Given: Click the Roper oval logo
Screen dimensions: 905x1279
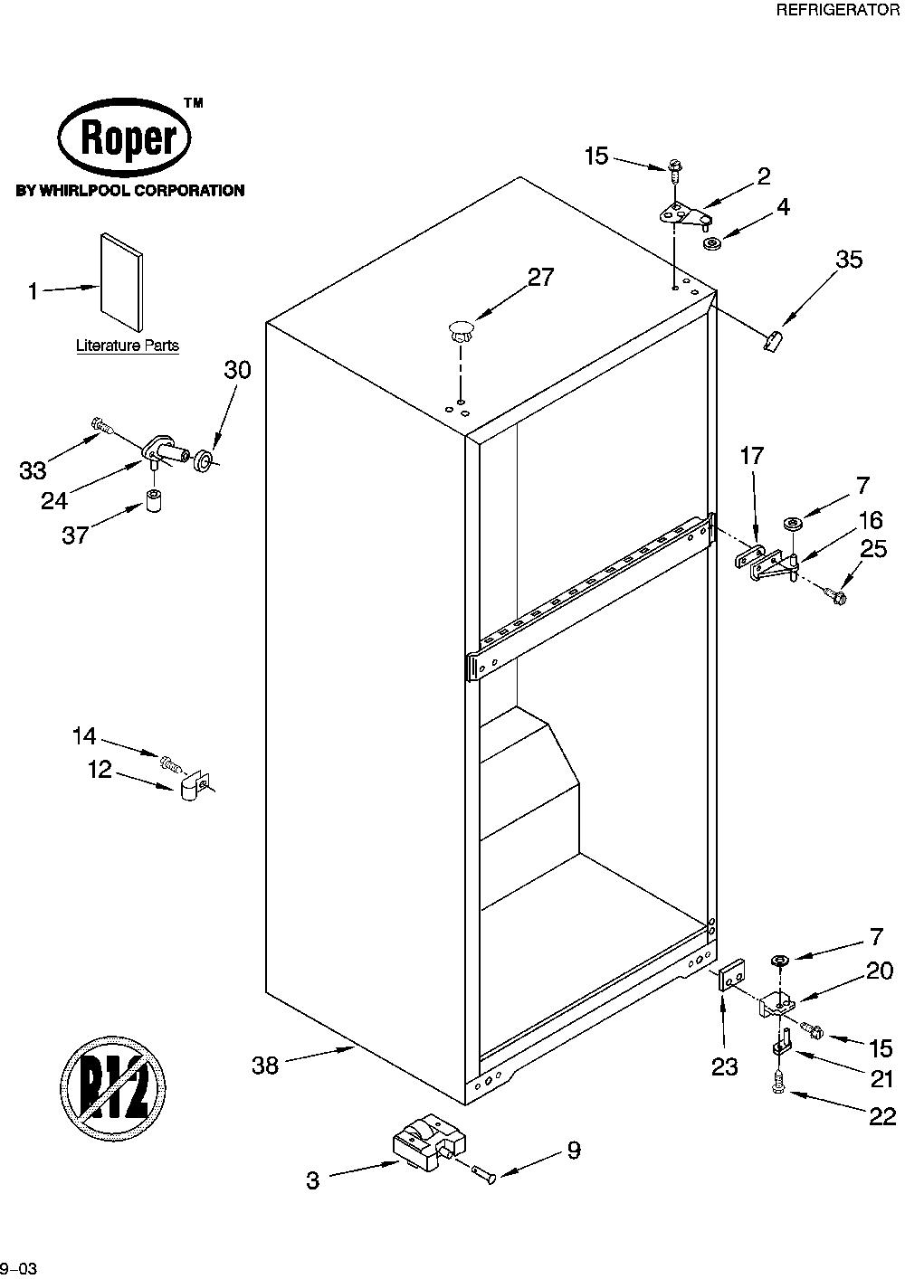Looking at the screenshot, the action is pos(125,137).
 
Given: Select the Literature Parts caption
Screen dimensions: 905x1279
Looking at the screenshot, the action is pos(128,345).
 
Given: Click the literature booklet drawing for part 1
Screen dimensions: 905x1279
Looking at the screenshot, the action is pos(121,281).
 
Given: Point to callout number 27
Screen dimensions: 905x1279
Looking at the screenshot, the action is pos(540,277).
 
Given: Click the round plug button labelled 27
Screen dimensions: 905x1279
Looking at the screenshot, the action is pos(460,332).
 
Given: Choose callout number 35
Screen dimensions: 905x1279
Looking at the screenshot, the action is pos(849,260).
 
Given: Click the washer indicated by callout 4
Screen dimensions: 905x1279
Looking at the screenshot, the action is pos(712,244).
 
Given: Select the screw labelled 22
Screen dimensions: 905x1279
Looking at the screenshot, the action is pos(776,1083).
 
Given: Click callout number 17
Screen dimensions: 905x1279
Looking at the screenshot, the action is pos(752,456).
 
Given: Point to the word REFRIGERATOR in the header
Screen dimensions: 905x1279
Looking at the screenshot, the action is pos(837,10).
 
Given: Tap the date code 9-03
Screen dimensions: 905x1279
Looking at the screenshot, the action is pos(19,1269).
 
